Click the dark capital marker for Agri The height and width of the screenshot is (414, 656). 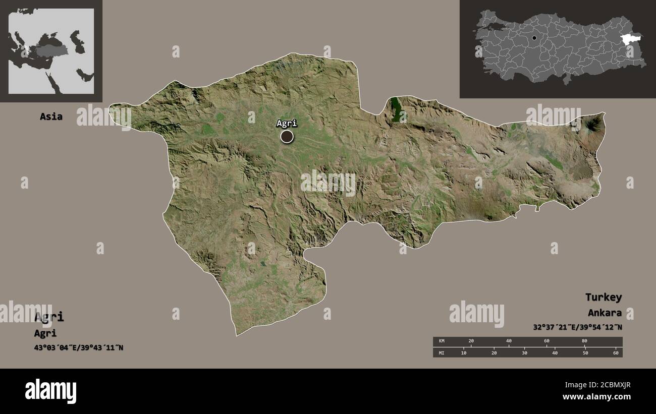(x=287, y=136)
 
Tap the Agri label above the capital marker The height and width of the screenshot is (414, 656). (x=287, y=123)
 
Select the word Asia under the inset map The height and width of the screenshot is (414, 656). (x=51, y=116)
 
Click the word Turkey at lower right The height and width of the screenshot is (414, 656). (x=603, y=297)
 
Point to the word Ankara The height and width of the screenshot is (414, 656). (x=605, y=313)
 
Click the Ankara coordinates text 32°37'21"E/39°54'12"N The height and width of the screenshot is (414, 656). (x=577, y=327)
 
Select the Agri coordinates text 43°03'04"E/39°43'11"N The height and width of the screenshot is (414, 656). (x=79, y=348)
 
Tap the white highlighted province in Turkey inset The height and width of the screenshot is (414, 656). (x=631, y=39)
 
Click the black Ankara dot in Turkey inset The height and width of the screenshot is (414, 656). (x=534, y=38)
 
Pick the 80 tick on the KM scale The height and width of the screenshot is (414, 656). (x=584, y=341)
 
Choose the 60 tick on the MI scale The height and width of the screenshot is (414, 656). (x=616, y=352)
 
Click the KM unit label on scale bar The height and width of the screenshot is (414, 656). (x=442, y=341)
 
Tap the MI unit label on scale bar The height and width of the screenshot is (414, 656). (x=442, y=352)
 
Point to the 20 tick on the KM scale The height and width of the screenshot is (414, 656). (x=471, y=341)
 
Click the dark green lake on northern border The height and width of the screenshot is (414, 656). (x=397, y=109)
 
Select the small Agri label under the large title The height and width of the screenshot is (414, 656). (x=45, y=333)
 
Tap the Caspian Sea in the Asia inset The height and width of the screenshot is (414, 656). (x=76, y=40)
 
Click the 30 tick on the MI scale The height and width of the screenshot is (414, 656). (x=524, y=352)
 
